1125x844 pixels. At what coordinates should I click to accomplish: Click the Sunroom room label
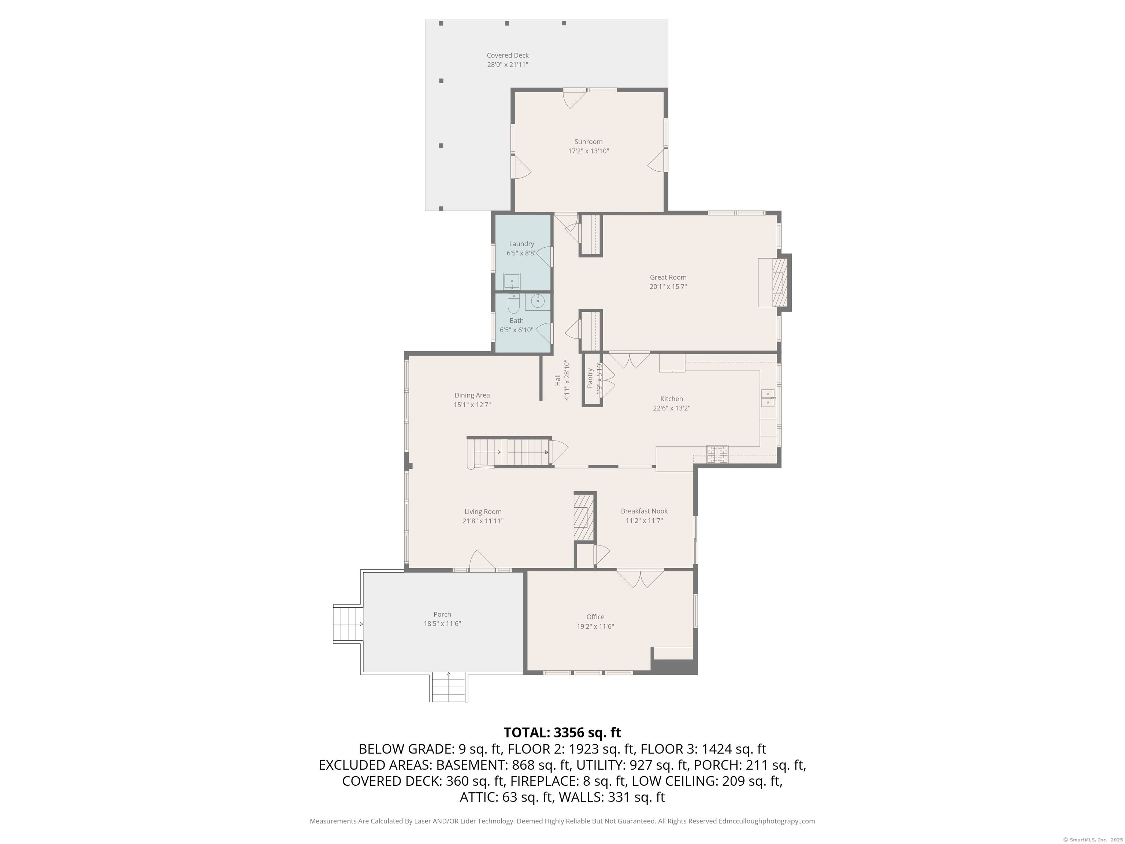tap(589, 142)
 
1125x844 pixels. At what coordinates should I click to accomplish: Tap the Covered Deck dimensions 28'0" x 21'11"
tap(508, 64)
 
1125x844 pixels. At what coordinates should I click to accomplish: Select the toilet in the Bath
tap(513, 304)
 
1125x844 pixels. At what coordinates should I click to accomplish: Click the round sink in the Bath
tap(538, 301)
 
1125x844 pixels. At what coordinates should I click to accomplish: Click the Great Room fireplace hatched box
tap(779, 283)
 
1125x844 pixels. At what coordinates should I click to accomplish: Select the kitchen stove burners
tap(717, 454)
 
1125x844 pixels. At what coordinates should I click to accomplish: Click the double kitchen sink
tap(768, 398)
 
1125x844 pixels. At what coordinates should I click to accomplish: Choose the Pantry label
tap(590, 378)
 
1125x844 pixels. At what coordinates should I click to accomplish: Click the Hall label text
tap(557, 380)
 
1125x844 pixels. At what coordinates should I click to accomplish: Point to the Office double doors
tap(640, 578)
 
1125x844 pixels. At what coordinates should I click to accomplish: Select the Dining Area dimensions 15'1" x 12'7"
tap(472, 405)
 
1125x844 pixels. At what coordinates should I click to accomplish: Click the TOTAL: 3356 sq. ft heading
tap(562, 733)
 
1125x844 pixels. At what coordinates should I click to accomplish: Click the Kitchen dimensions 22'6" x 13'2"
tap(671, 408)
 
